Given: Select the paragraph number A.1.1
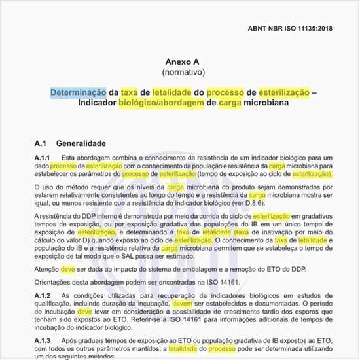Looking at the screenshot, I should click(x=42, y=158).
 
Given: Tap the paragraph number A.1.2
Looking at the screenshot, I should click(x=42, y=296).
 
